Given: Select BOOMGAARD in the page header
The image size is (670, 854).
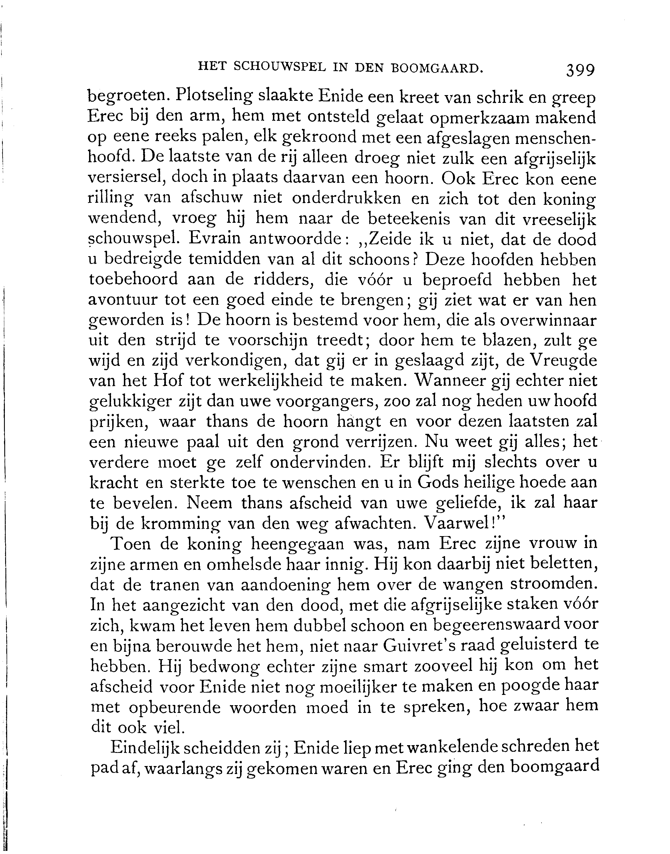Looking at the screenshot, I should (x=436, y=68).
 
